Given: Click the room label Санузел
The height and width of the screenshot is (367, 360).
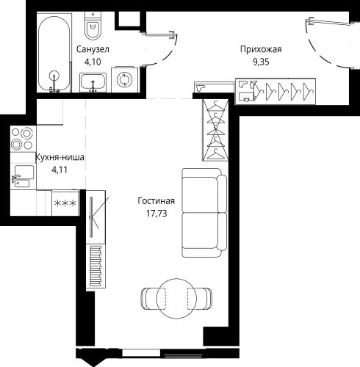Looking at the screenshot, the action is (93, 49).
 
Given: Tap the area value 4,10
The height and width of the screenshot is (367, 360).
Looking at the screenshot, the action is (93, 62).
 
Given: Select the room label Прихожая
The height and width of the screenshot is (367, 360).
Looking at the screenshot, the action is (261, 49).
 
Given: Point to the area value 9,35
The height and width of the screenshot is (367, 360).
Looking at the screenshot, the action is (261, 62).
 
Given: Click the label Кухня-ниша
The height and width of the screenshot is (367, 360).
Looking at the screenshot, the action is (60, 157).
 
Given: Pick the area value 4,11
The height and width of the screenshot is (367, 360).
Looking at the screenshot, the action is (60, 170).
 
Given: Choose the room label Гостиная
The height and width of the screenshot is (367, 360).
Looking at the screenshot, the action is (156, 201).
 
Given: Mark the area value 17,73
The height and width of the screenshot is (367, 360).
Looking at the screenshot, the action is (156, 214).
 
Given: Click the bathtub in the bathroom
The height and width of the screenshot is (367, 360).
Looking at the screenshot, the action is (54, 54).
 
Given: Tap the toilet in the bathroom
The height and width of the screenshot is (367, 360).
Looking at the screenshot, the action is (93, 26).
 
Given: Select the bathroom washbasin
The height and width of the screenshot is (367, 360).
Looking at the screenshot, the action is (93, 83).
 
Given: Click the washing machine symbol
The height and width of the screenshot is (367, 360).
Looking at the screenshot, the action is (124, 80).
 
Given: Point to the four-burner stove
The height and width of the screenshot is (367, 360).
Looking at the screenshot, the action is (23, 139).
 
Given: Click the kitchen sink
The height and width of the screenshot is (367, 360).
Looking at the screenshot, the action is (23, 175).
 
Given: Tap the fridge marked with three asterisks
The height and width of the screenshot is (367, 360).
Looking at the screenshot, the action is (65, 203).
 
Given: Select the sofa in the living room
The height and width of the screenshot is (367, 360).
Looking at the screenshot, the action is (204, 213).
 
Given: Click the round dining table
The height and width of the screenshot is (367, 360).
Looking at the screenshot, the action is (176, 299).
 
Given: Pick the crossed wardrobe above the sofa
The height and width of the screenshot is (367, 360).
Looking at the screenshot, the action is (215, 130).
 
